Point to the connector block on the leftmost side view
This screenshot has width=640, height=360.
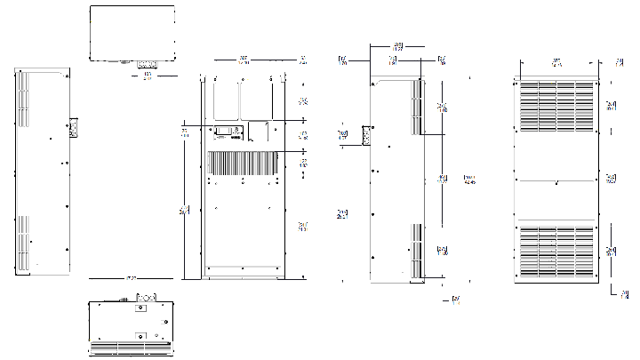(75, 129)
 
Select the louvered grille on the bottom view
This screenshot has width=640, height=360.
(132, 347)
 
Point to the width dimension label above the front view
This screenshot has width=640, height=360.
(244, 60)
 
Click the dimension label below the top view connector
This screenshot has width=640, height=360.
(147, 77)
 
